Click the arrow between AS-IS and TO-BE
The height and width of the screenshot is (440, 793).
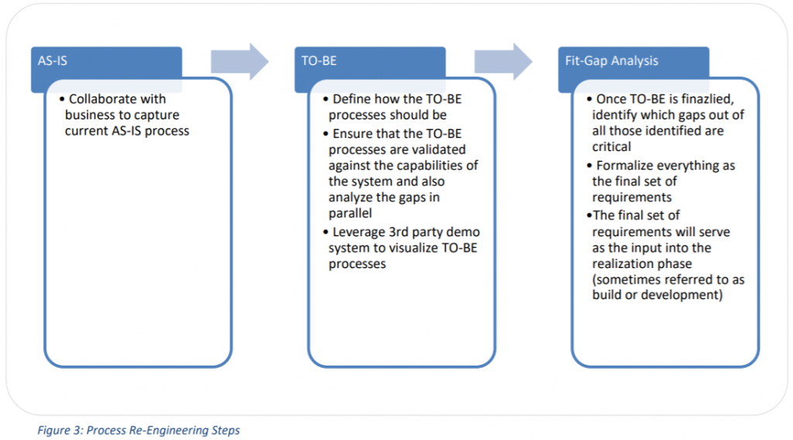(239, 60)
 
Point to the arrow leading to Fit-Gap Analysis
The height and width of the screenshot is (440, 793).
(503, 60)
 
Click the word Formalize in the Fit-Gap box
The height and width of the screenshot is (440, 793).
(626, 166)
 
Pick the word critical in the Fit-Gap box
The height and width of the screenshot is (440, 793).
(612, 146)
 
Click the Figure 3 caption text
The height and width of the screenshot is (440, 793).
(139, 430)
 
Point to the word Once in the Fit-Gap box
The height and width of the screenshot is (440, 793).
(611, 99)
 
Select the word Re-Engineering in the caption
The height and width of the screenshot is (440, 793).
(171, 430)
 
